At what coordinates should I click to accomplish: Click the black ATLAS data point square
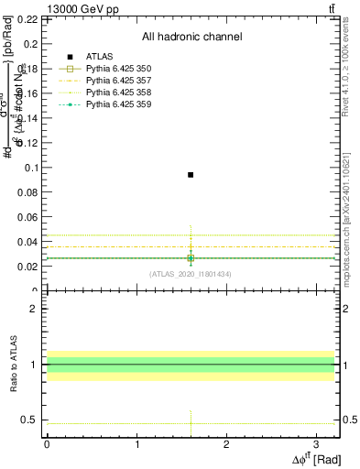point(191,174)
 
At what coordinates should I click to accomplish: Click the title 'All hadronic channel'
point(191,38)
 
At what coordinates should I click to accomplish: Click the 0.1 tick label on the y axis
point(28,168)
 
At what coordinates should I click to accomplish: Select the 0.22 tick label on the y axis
point(27,19)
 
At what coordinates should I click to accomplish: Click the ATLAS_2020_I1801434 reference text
point(191,274)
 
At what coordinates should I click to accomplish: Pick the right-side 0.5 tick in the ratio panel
point(348,420)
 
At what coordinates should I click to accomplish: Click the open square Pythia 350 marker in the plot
point(191,258)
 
